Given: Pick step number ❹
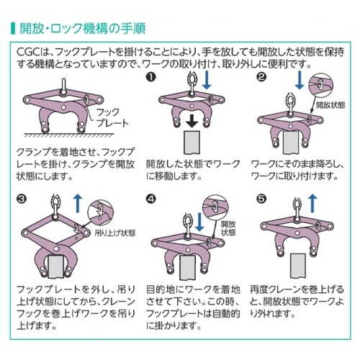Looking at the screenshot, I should point(150,197).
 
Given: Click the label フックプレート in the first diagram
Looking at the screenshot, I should point(108,117).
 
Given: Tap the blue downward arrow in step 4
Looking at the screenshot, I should point(189,217).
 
